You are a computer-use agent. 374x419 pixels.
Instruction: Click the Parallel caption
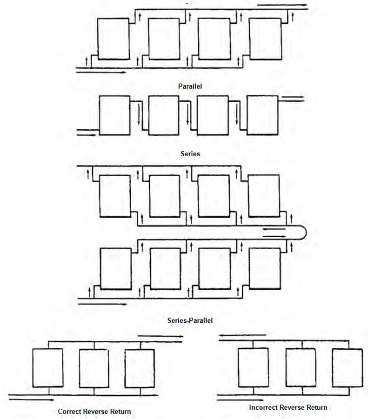click(x=190, y=86)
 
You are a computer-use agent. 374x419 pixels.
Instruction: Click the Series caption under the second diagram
click(x=190, y=153)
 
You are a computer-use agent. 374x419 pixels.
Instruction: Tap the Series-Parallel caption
click(x=190, y=320)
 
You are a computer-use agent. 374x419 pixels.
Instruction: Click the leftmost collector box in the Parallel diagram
click(x=114, y=39)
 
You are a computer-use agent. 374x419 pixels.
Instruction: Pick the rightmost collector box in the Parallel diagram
click(x=265, y=39)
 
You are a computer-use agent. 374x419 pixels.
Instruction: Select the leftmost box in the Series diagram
click(x=115, y=115)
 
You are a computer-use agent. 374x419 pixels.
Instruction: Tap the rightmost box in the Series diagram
click(x=262, y=115)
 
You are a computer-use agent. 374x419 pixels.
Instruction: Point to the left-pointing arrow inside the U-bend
click(x=274, y=229)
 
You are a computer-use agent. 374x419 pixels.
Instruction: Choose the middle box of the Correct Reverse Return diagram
click(x=94, y=368)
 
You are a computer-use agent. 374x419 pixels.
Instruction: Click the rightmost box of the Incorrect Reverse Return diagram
click(x=347, y=368)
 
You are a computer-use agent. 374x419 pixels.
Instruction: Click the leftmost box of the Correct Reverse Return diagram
click(x=48, y=368)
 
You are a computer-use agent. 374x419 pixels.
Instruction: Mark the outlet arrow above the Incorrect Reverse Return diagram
click(x=242, y=335)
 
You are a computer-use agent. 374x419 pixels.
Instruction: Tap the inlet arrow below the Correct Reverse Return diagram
click(x=32, y=400)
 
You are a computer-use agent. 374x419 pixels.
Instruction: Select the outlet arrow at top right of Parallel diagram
click(x=282, y=5)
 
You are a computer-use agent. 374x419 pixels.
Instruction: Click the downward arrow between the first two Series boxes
click(x=139, y=114)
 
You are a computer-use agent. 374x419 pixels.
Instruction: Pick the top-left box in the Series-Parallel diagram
click(x=115, y=196)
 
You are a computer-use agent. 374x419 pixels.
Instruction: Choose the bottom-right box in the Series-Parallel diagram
click(x=265, y=268)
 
